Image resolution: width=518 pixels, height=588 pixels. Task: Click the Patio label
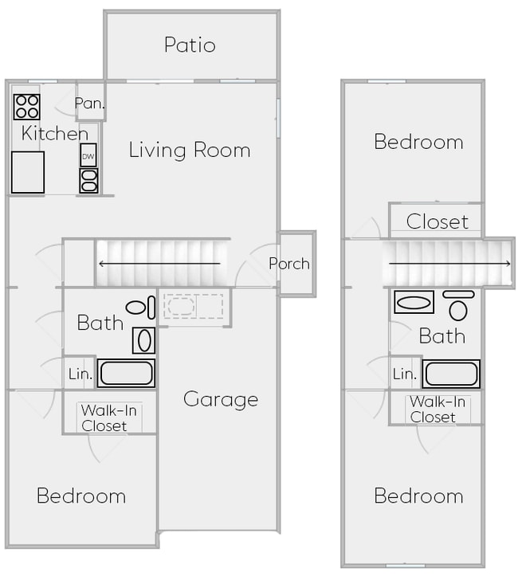coord(190,45)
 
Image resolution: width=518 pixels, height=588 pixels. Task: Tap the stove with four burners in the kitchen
coord(26,106)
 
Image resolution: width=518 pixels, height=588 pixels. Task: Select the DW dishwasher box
coord(88,155)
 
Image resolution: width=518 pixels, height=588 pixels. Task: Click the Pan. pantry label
coord(90,104)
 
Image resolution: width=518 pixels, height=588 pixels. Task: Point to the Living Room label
coord(190,150)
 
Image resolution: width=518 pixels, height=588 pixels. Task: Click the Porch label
coord(289,264)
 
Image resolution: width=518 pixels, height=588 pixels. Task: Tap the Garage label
coord(221,399)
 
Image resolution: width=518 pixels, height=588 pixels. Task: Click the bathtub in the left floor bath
coord(126,373)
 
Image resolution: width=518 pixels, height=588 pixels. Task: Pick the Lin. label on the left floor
coord(80,374)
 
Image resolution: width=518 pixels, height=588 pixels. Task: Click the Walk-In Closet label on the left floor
coord(104,418)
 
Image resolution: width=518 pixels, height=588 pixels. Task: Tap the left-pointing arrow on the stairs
coord(159,264)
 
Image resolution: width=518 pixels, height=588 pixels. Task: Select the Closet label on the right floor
coord(438,221)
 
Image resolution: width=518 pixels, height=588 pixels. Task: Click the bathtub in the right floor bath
coord(451,373)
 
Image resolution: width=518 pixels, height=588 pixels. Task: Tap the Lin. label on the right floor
coord(405,374)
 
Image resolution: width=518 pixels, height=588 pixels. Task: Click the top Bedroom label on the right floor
coord(418,142)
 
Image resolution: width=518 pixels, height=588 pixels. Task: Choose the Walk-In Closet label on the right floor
coord(438,410)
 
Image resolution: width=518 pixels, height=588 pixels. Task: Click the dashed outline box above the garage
coord(194,307)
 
